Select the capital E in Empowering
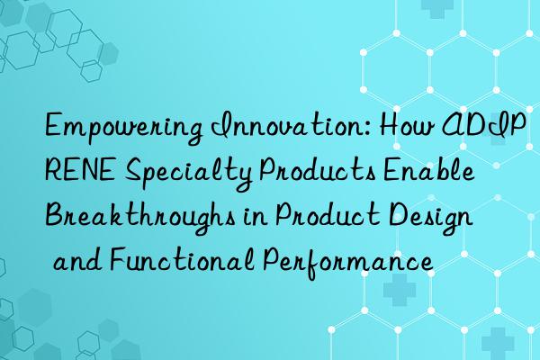(55, 130)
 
